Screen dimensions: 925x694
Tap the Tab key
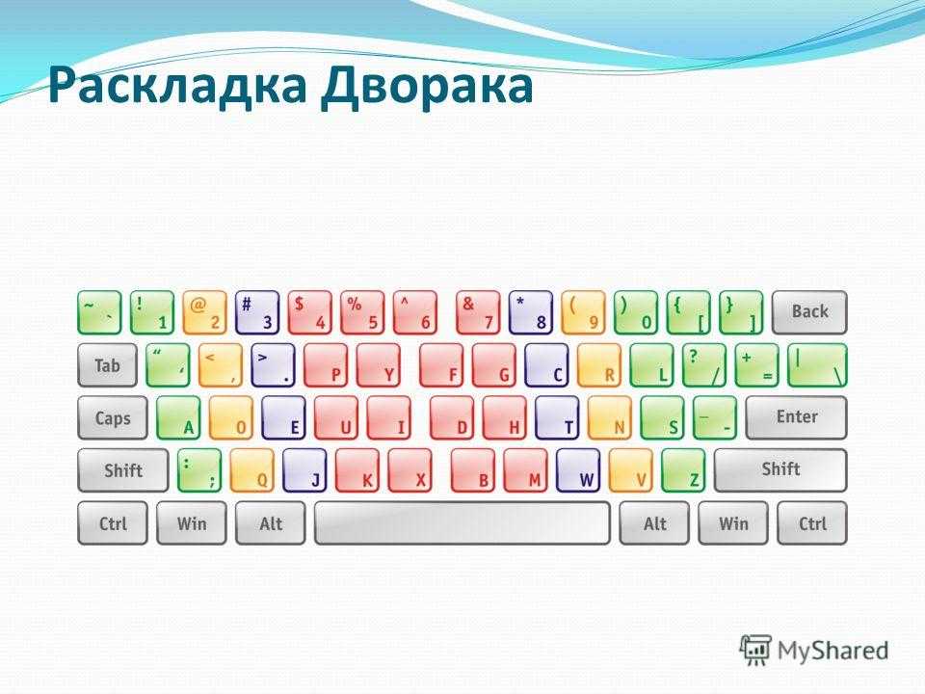click(x=107, y=365)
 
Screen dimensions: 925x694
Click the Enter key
click(x=797, y=417)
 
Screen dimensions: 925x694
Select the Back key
click(x=809, y=312)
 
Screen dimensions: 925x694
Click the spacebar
click(x=462, y=522)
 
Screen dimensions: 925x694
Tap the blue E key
click(x=283, y=417)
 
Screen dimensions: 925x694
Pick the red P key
click(x=326, y=365)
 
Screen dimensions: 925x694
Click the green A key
click(x=178, y=417)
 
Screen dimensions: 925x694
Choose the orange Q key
click(x=251, y=470)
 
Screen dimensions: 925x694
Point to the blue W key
click(x=578, y=470)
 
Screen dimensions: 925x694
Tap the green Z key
click(x=683, y=470)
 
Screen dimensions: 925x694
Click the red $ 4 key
click(x=309, y=312)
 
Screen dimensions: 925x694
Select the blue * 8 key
click(x=530, y=312)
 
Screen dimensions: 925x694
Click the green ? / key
click(x=703, y=365)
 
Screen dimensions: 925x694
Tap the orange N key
click(x=609, y=417)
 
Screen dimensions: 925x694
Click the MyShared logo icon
click(x=755, y=651)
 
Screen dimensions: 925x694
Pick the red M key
click(x=526, y=470)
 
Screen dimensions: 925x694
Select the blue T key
click(x=558, y=417)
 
